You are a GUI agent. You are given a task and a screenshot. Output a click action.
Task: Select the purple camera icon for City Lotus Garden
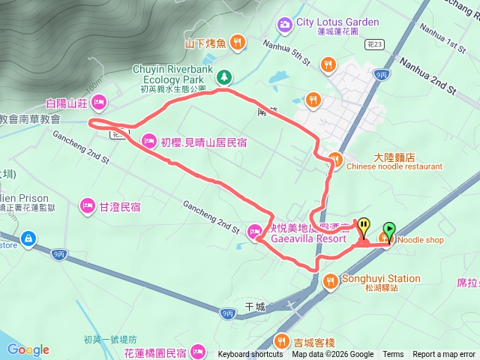click(285, 25)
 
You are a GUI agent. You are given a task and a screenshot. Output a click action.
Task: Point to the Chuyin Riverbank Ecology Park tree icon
click(224, 76)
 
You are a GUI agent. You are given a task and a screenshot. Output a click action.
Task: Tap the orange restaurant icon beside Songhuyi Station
click(330, 281)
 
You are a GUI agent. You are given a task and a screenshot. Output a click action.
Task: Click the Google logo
click(28, 349)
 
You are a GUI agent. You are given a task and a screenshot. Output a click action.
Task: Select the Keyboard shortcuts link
click(250, 355)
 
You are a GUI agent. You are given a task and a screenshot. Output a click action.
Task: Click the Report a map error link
click(444, 355)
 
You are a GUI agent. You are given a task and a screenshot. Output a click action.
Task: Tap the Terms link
click(393, 355)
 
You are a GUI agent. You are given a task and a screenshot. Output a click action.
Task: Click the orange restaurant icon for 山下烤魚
click(237, 43)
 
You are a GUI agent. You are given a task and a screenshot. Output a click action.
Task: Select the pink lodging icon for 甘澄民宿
click(87, 205)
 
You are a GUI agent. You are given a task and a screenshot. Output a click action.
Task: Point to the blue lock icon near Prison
click(28, 238)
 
